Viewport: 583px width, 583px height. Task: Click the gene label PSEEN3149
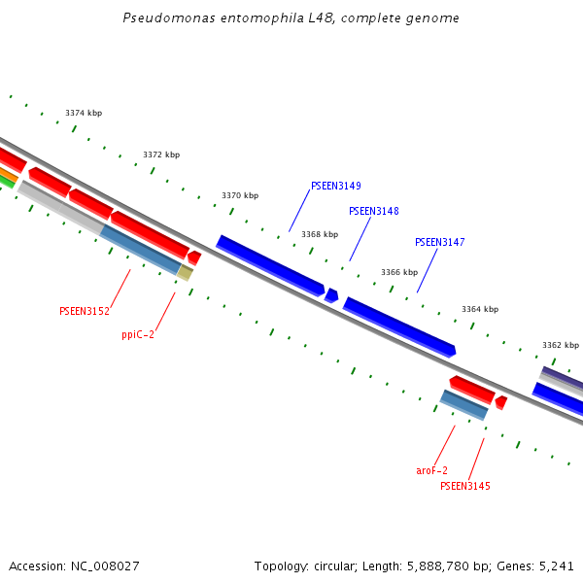336,186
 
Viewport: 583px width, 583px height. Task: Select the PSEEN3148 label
374,211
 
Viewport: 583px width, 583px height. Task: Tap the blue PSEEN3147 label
440,242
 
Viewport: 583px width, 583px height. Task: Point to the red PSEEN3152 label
85,311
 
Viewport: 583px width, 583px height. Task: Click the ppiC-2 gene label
138,334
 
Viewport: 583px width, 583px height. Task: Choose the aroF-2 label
431,470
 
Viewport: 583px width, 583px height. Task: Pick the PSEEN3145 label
465,486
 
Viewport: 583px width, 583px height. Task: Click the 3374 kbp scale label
84,113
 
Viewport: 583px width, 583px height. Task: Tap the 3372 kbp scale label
161,154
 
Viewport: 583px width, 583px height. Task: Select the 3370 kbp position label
240,195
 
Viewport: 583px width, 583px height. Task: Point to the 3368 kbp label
320,234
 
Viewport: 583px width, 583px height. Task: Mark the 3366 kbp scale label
399,272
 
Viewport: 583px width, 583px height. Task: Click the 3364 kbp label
480,309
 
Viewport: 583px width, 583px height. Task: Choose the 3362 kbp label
561,345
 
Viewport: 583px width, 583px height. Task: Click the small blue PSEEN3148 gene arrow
331,295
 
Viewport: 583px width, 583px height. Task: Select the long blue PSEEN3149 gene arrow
270,264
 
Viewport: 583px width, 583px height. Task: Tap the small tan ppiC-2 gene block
185,273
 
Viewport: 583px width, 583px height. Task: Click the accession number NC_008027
102,566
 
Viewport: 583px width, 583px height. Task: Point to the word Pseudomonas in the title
161,18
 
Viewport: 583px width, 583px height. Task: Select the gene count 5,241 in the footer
557,566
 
